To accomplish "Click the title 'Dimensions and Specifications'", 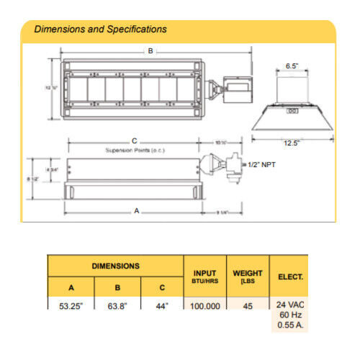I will [x=101, y=30].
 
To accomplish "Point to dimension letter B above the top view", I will [x=150, y=51].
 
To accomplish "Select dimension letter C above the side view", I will [x=134, y=141].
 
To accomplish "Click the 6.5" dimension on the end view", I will [x=292, y=65].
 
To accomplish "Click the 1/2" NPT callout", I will [x=259, y=165].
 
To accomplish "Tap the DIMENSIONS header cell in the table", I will [x=115, y=266].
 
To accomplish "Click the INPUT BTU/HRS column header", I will [x=205, y=276].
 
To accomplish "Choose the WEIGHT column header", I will [x=248, y=276].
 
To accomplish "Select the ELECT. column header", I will [x=289, y=276].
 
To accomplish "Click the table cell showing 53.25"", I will [x=71, y=306].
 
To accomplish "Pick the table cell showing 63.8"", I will [x=117, y=306].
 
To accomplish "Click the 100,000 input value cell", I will [x=205, y=306].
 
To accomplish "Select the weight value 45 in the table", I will [x=248, y=306].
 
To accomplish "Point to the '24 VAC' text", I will [x=290, y=304].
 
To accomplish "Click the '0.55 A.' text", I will [x=290, y=325].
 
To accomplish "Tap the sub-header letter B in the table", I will [x=117, y=287].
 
